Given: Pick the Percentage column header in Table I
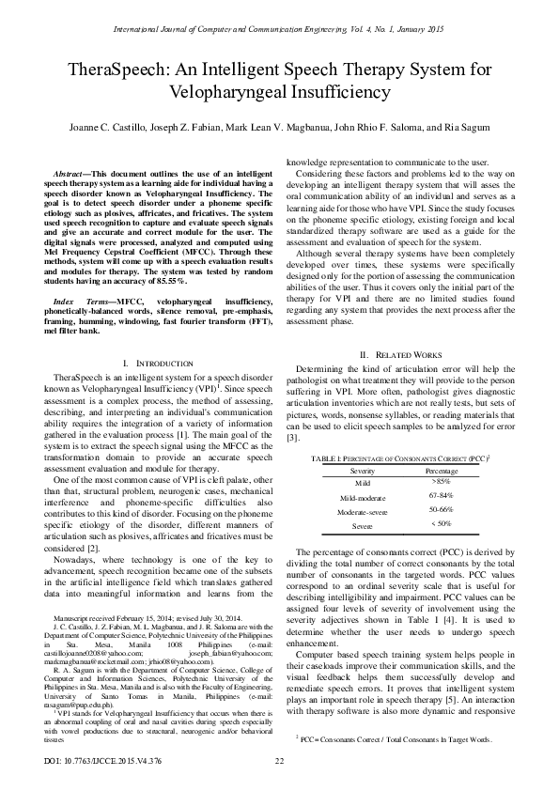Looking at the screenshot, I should [441, 468].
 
